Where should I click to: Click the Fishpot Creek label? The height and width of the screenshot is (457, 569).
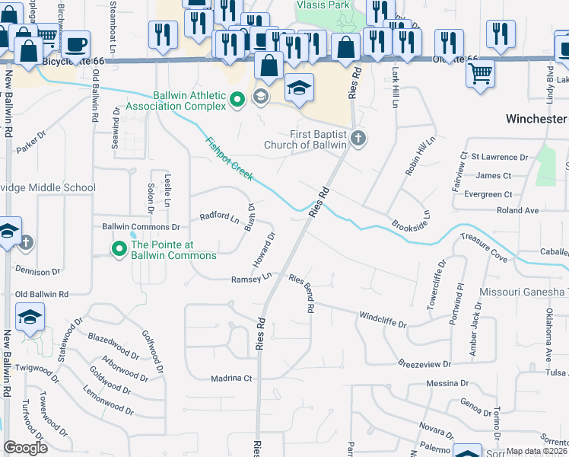(230, 158)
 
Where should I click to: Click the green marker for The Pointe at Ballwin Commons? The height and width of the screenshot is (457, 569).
(119, 248)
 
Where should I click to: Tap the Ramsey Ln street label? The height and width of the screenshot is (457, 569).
(251, 280)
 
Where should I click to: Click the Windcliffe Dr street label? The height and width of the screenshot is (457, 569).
(383, 318)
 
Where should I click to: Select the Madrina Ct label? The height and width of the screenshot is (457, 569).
(231, 378)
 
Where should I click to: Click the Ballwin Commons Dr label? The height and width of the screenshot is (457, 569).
(141, 227)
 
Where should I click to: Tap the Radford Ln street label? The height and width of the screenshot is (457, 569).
(219, 216)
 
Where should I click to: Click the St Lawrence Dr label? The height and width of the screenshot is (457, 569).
(499, 157)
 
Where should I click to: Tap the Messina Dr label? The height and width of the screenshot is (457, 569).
(447, 383)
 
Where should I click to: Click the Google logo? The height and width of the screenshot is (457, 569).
(26, 447)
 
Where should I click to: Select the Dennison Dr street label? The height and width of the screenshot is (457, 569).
(37, 271)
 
